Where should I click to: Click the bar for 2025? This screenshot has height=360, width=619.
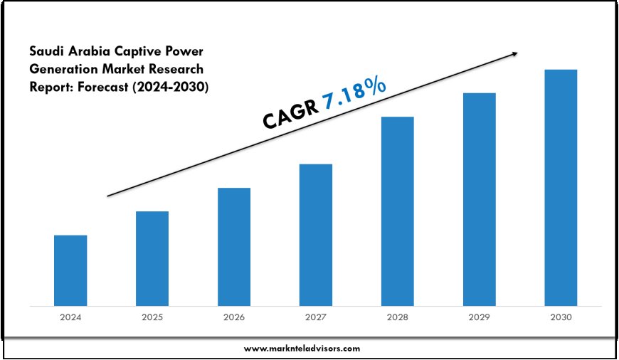tap(152, 258)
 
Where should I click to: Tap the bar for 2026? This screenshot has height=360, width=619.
tap(234, 247)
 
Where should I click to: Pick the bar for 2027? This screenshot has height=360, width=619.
tap(316, 235)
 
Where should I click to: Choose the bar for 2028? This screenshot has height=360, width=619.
tap(398, 211)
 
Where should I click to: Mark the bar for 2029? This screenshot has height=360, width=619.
tap(480, 199)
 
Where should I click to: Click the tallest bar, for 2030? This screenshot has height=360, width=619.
tap(561, 188)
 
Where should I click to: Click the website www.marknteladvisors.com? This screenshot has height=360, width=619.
tap(302, 349)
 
